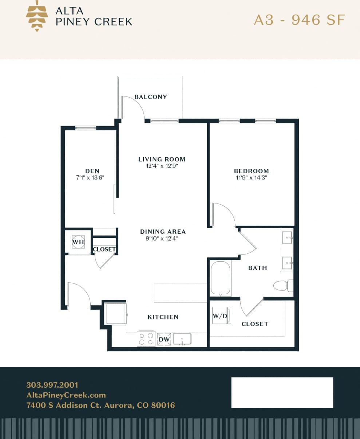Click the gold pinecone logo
click(37, 16)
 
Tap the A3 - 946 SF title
click(299, 20)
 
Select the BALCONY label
click(151, 97)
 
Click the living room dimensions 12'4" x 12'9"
click(162, 166)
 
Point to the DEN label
click(92, 171)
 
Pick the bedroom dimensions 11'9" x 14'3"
click(251, 178)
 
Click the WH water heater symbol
click(78, 242)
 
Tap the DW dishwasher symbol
click(164, 339)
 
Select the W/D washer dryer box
click(221, 316)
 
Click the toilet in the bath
click(282, 286)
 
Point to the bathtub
click(221, 278)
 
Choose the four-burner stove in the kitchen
click(146, 339)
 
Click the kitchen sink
click(182, 339)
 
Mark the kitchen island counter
click(180, 293)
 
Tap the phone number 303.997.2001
click(52, 385)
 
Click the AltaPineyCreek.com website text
click(66, 395)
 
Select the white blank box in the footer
click(282, 392)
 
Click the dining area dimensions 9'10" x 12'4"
click(163, 239)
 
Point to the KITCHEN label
click(163, 317)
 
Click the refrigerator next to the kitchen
click(116, 313)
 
